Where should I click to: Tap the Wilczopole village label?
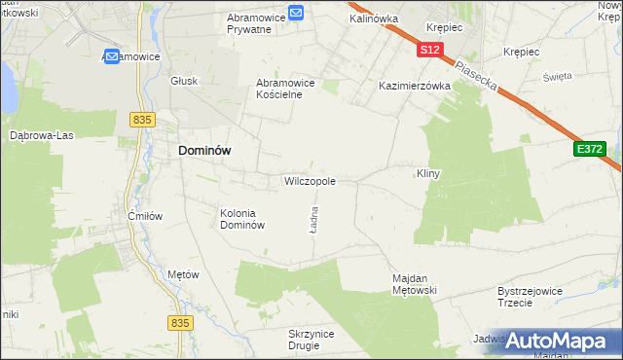310,181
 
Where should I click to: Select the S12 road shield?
432,49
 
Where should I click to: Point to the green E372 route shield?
589,149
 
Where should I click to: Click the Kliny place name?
429,173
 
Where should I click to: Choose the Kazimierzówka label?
415,86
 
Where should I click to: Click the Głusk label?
184,82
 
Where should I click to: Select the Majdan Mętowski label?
417,283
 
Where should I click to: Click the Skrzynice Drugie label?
311,340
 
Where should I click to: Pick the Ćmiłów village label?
145,216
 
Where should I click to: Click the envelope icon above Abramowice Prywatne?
296,13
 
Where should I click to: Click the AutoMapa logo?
559,342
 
